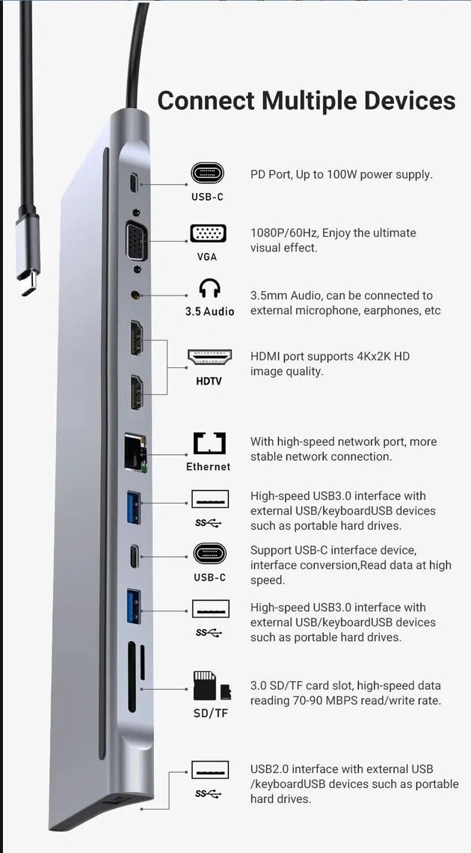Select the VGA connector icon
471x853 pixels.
point(207,233)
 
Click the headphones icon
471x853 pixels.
point(209,290)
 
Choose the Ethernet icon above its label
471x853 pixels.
point(209,444)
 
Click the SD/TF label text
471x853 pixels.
point(210,713)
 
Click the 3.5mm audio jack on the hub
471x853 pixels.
point(136,296)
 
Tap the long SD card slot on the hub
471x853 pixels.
point(132,677)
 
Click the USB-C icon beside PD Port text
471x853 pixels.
point(207,174)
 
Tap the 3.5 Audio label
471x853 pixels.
point(209,311)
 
